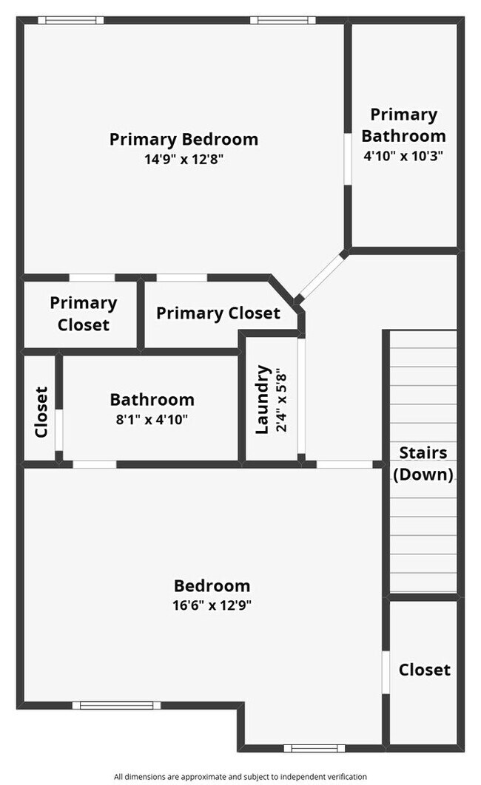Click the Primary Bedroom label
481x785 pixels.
(x=184, y=139)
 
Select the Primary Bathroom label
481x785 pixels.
(x=403, y=125)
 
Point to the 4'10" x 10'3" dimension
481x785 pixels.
(x=403, y=156)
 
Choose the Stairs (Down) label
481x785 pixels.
(x=423, y=463)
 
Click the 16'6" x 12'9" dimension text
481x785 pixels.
(x=212, y=605)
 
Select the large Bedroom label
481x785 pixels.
(x=212, y=586)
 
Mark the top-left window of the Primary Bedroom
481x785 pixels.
(x=71, y=20)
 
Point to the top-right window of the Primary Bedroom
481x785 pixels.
(x=283, y=20)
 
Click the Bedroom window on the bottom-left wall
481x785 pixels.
(x=116, y=705)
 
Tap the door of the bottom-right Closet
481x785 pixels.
(x=386, y=672)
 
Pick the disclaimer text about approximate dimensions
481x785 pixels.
(x=240, y=777)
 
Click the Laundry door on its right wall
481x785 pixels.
(x=301, y=399)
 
